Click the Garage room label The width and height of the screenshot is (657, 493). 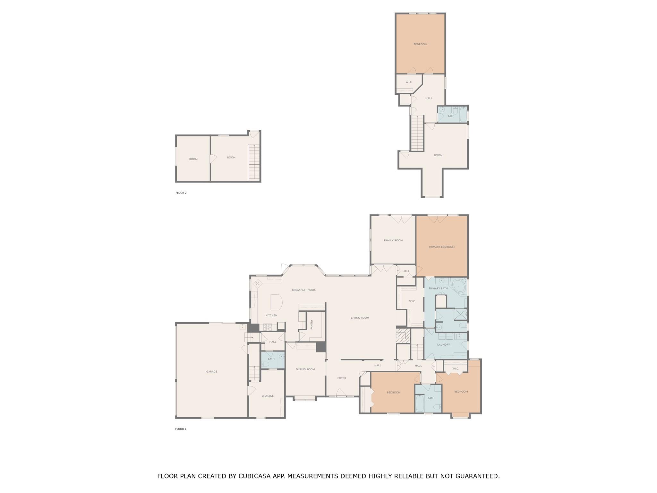pyautogui.click(x=211, y=371)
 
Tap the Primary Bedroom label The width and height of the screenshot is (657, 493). pyautogui.click(x=441, y=247)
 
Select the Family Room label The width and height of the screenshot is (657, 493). pyautogui.click(x=393, y=240)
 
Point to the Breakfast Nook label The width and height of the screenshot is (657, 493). pyautogui.click(x=303, y=290)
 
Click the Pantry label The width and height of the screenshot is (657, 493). pyautogui.click(x=311, y=324)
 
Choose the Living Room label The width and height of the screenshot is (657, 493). pyautogui.click(x=360, y=318)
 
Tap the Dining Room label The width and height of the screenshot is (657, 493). pyautogui.click(x=305, y=369)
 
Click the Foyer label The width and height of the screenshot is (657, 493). pyautogui.click(x=341, y=378)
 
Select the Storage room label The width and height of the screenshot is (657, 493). pyautogui.click(x=267, y=396)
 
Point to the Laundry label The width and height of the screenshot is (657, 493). pyautogui.click(x=443, y=345)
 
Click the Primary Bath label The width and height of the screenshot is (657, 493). pyautogui.click(x=438, y=288)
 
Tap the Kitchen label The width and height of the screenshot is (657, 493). pyautogui.click(x=271, y=315)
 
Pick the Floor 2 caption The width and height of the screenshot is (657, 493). pyautogui.click(x=181, y=193)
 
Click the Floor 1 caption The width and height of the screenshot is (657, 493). pyautogui.click(x=180, y=429)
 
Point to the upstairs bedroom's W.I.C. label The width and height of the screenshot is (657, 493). pyautogui.click(x=408, y=82)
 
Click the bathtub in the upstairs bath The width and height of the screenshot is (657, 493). pyautogui.click(x=463, y=114)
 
